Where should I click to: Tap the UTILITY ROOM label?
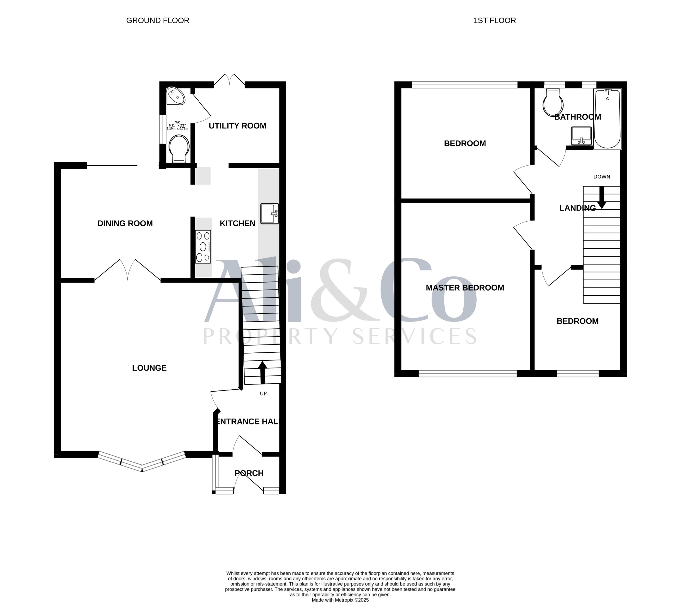pos(237,126)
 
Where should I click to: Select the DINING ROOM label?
pos(125,224)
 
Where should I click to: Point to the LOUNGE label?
pos(149,368)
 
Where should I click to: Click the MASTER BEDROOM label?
pos(465,288)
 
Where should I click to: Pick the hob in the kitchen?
pos(203,247)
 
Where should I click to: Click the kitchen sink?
pos(270,214)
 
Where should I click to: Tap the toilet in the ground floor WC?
pos(179,149)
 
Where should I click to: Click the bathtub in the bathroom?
pos(608,119)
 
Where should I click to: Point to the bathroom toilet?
pos(553,102)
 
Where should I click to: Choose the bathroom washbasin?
pos(581,136)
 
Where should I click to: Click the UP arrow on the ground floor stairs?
pos(262,373)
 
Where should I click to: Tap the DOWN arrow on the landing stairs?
pos(602,198)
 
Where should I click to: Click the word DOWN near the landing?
pos(602,177)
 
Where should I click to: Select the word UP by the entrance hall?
pos(263,394)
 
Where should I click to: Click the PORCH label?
pos(249,473)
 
